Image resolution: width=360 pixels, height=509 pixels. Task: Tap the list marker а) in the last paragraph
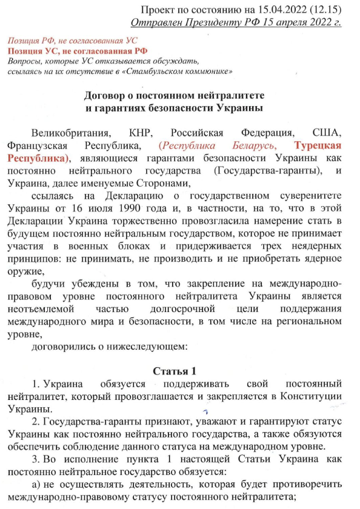(36, 486)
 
